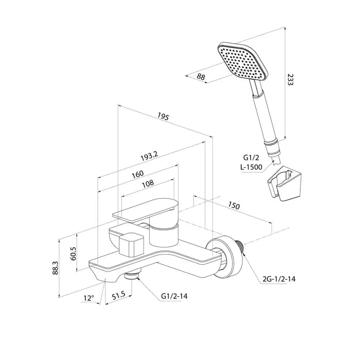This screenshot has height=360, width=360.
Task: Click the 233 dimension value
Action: point(290,79)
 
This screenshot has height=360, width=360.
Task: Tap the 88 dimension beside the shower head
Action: point(201,77)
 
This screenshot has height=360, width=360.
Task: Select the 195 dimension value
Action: point(163,116)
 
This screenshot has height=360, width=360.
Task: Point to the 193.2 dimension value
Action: point(149,156)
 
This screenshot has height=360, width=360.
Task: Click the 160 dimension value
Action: point(137,174)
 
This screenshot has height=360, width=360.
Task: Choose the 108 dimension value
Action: point(148,184)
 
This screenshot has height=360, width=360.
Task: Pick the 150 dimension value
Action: point(234,206)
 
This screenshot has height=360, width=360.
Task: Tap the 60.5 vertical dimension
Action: point(73,254)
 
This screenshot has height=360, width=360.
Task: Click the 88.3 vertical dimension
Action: point(56,268)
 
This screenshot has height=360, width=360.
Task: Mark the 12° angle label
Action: point(88,298)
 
